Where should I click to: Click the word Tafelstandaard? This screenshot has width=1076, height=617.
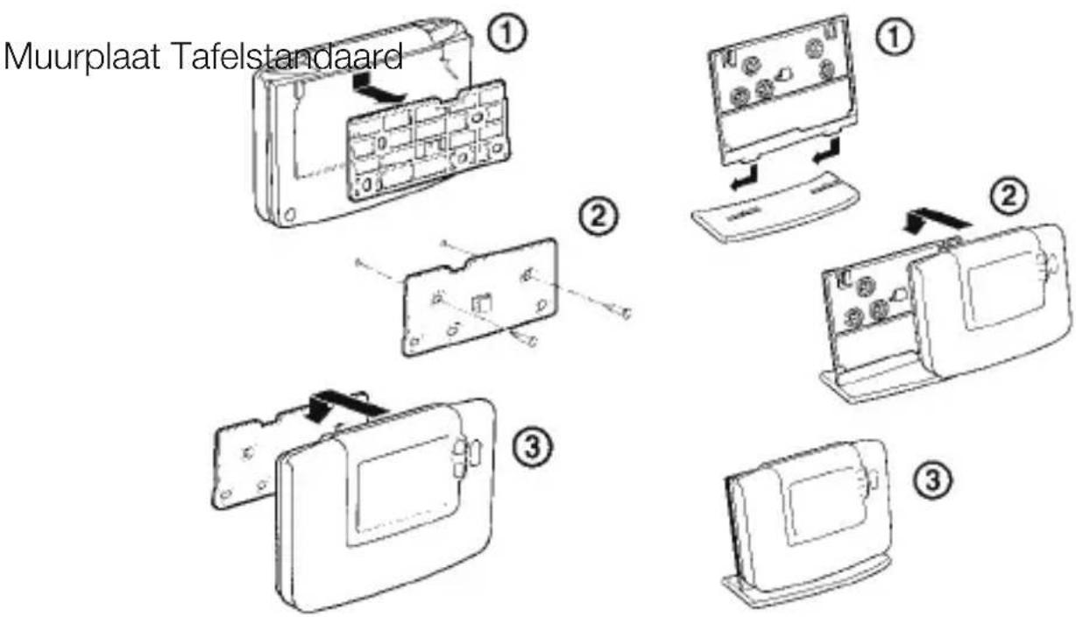pyautogui.click(x=287, y=56)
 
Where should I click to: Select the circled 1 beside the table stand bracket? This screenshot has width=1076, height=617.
pyautogui.click(x=894, y=37)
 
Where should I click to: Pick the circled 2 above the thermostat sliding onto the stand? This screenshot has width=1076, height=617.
pyautogui.click(x=1009, y=196)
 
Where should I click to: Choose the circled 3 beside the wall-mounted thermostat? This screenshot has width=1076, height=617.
pyautogui.click(x=532, y=447)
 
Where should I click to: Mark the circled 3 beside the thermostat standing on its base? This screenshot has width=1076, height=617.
pyautogui.click(x=932, y=480)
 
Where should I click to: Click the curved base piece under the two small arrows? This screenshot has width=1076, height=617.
pyautogui.click(x=775, y=207)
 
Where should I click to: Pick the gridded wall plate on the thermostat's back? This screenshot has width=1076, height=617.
pyautogui.click(x=428, y=140)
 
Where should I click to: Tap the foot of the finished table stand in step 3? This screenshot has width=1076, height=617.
pyautogui.click(x=807, y=585)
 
